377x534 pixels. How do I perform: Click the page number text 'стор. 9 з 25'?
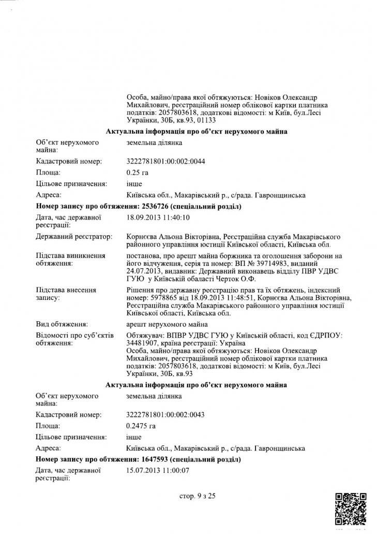point(197,496)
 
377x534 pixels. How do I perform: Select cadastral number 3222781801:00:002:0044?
point(165,161)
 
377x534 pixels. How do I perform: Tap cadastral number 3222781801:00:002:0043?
point(165,414)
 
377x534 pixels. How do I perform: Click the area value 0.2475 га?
point(141,426)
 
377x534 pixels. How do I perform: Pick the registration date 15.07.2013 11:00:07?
point(158,470)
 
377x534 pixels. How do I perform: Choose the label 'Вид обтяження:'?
point(61,324)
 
